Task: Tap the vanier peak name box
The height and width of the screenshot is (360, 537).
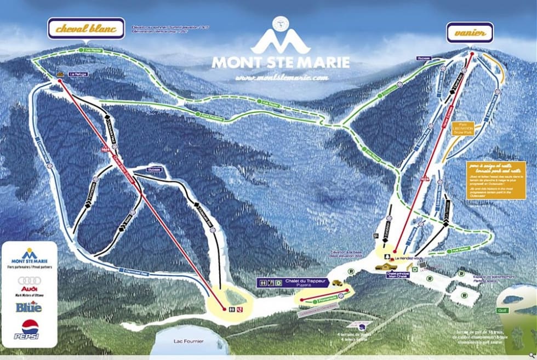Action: [x=469, y=32]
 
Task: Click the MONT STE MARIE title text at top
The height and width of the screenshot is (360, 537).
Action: [x=280, y=62]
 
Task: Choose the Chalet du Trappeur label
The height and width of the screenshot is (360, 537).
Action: [x=303, y=281]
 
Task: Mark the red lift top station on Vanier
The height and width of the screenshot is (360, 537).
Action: [x=471, y=54]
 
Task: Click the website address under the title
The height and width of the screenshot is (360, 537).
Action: [x=282, y=78]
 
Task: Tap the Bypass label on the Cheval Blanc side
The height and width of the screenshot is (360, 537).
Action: [x=155, y=170]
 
